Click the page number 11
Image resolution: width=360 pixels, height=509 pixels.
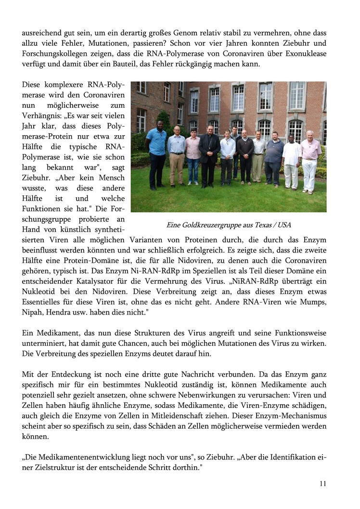pyautogui.click(x=322, y=483)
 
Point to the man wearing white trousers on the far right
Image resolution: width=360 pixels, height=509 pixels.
pyautogui.click(x=310, y=159)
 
